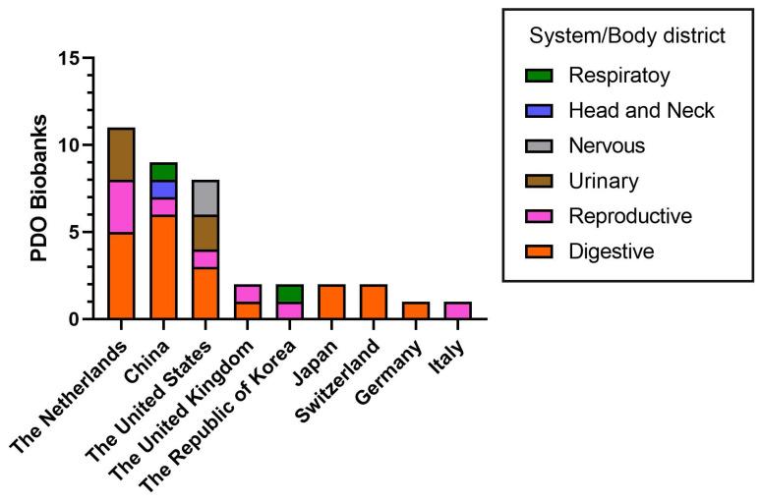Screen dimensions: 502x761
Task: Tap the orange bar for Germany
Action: pyautogui.click(x=415, y=310)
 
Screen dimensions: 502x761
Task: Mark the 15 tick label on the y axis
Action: pyautogui.click(x=67, y=58)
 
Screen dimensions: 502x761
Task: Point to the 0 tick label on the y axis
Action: pyautogui.click(x=73, y=319)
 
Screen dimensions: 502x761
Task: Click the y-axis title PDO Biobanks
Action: pyautogui.click(x=38, y=189)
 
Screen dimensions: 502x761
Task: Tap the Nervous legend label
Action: pyautogui.click(x=608, y=145)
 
